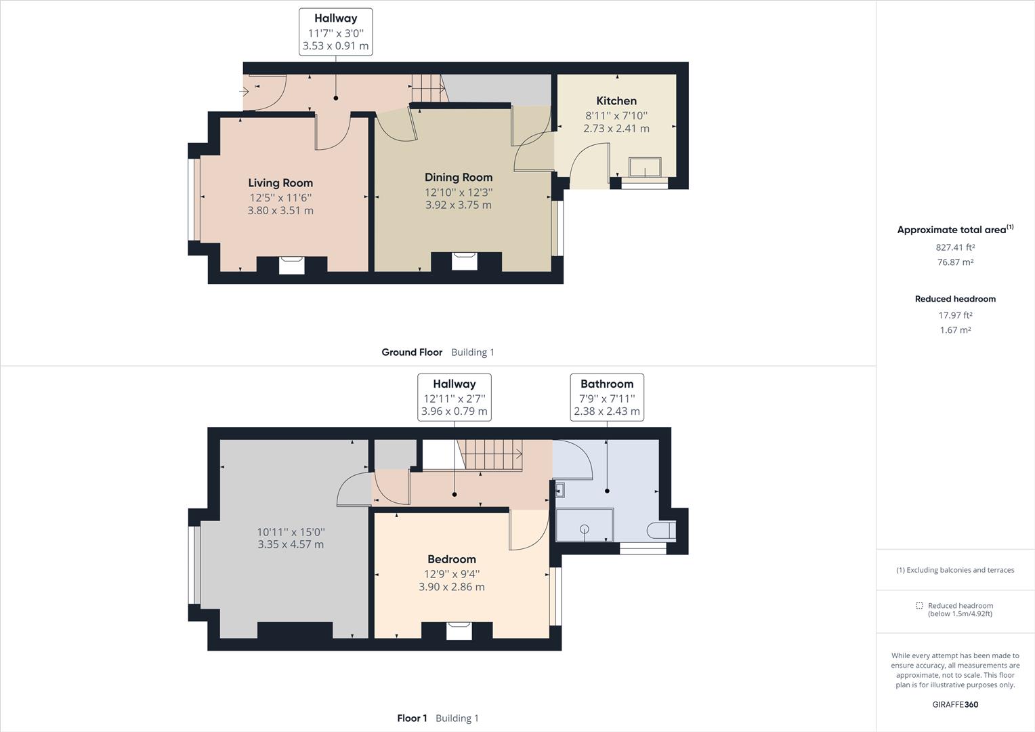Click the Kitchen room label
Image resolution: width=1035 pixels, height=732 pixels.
pyautogui.click(x=616, y=101)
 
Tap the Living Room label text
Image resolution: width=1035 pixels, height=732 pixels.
pyautogui.click(x=280, y=183)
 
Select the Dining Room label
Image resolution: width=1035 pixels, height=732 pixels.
pyautogui.click(x=459, y=178)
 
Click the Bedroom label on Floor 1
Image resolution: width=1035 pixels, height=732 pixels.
pyautogui.click(x=452, y=559)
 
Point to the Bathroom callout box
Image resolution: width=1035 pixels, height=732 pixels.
pyautogui.click(x=607, y=397)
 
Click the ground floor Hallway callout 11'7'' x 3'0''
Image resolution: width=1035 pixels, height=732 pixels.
pyautogui.click(x=335, y=32)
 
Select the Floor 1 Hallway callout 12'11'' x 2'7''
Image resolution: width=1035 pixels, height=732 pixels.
pyautogui.click(x=454, y=397)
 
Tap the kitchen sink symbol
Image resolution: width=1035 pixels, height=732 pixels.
pyautogui.click(x=645, y=167)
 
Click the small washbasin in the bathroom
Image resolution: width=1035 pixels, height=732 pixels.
pyautogui.click(x=559, y=489)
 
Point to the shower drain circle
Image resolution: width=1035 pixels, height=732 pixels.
pyautogui.click(x=585, y=529)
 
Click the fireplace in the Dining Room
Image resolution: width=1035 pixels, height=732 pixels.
pyautogui.click(x=465, y=260)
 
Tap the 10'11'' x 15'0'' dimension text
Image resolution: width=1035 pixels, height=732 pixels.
pyautogui.click(x=291, y=538)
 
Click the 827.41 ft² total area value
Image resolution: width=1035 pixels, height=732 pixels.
pyautogui.click(x=955, y=247)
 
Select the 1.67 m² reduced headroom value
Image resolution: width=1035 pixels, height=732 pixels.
pyautogui.click(x=955, y=330)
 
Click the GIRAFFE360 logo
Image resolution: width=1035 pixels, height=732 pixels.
pyautogui.click(x=955, y=704)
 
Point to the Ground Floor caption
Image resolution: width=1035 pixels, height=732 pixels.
pyautogui.click(x=412, y=352)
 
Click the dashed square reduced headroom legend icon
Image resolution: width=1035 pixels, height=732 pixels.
pyautogui.click(x=919, y=605)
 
